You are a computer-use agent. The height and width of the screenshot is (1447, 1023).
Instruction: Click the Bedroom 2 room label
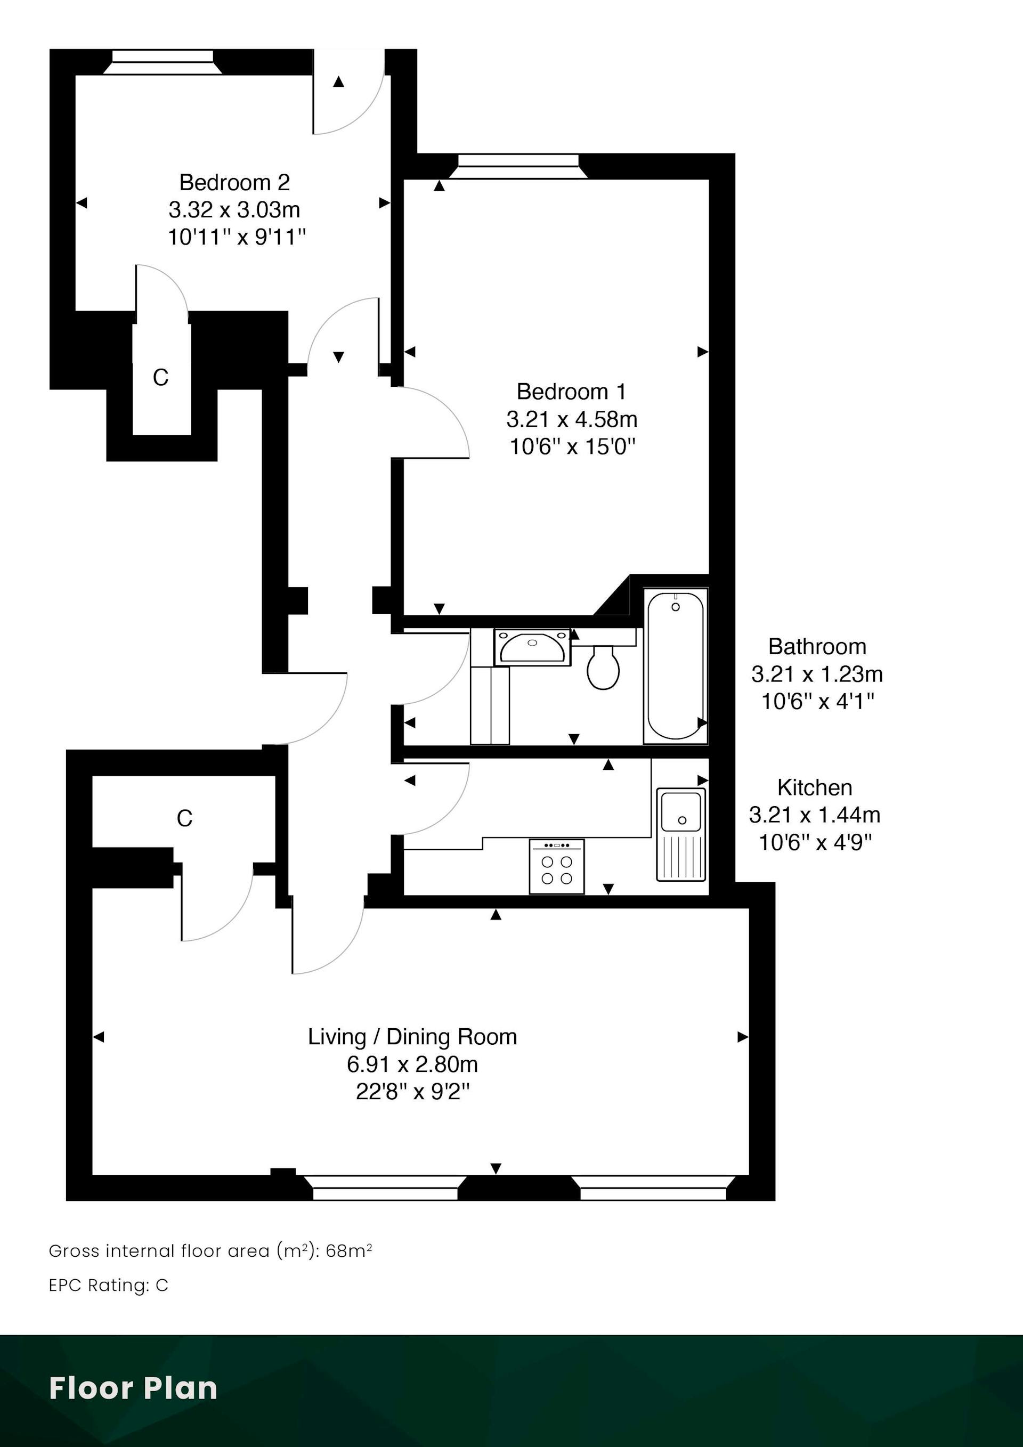coord(234,182)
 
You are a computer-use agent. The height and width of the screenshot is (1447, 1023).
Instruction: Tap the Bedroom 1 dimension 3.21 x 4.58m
coord(572,419)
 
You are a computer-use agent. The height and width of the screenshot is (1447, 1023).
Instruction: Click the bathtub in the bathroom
coord(676,665)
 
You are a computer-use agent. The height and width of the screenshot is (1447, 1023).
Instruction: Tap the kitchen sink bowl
coord(681,812)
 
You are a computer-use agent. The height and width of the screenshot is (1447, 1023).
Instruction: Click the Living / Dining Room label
coord(412,1037)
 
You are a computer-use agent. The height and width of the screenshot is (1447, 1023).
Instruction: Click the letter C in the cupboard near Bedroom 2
coord(161,378)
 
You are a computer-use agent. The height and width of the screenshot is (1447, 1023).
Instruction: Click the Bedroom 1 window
coord(518,166)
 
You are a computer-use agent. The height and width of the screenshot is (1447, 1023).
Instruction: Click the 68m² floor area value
coord(348,1251)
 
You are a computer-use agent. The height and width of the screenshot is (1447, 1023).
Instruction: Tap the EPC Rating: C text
coord(108,1285)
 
